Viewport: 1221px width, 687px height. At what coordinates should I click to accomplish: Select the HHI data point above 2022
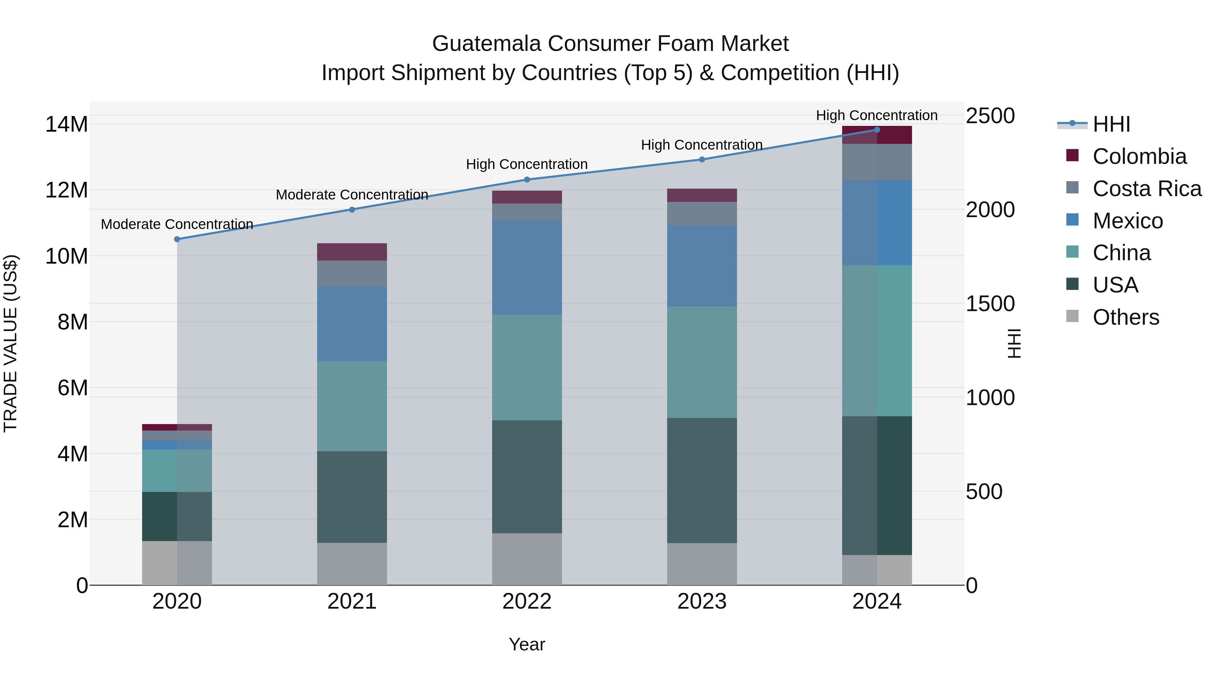tap(527, 180)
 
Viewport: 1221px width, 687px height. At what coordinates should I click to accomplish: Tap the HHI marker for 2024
tap(876, 130)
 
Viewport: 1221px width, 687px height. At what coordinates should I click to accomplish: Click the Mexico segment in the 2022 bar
tap(527, 267)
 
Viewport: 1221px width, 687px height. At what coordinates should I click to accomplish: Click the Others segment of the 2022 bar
tap(527, 559)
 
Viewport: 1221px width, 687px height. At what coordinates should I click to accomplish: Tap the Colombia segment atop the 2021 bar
tap(352, 252)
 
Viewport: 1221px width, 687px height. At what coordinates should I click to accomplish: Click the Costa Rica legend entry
tap(1147, 189)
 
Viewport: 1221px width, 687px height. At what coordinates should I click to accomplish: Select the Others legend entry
tap(1126, 317)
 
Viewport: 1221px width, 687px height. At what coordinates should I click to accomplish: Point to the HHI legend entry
tap(1111, 124)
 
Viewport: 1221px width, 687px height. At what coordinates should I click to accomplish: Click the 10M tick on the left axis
tap(66, 256)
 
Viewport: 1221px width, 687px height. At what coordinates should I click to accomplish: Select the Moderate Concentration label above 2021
tap(352, 195)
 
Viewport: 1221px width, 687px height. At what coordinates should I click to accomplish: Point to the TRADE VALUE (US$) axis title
tap(11, 343)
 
